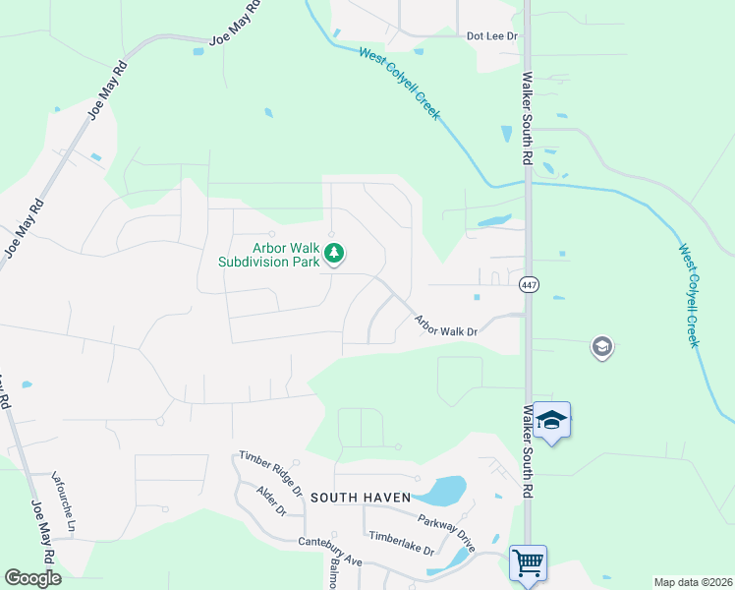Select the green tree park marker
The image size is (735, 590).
click(x=334, y=255)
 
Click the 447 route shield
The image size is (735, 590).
click(x=530, y=284)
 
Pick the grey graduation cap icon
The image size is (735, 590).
click(x=601, y=347)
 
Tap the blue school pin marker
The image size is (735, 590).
click(x=552, y=421)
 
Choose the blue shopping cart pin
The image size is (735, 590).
click(x=529, y=563)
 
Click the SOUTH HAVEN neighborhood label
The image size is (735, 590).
click(x=360, y=498)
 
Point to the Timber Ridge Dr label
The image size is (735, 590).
click(x=269, y=473)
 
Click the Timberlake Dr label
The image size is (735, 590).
click(x=401, y=544)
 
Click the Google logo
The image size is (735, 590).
click(x=32, y=578)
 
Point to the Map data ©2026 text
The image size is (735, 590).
click(x=692, y=582)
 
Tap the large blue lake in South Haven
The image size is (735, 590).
click(x=445, y=489)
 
